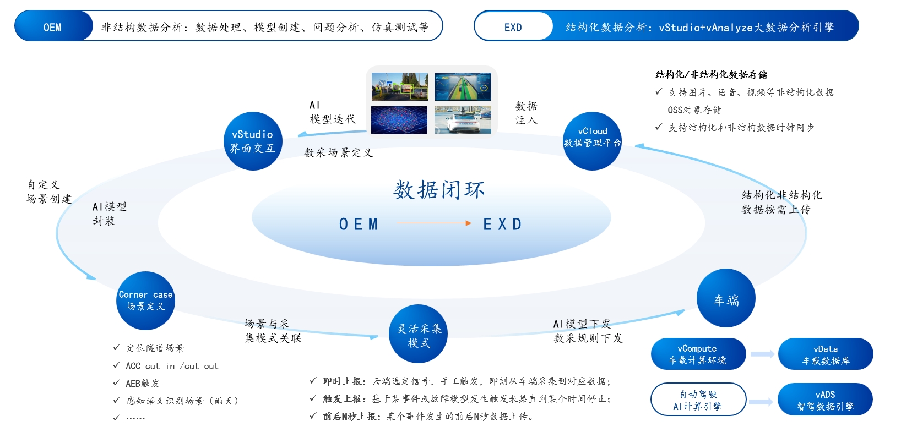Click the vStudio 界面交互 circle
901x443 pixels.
pos(253,141)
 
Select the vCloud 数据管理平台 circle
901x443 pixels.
pos(592,141)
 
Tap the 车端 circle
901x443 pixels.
pos(726,298)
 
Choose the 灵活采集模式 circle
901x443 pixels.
pos(419,334)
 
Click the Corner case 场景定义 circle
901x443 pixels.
pos(145,300)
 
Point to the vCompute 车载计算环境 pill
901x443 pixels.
pos(698,354)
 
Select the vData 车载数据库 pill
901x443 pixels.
pos(826,354)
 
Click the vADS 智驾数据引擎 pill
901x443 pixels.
pos(826,399)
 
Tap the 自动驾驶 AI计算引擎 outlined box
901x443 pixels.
pos(698,399)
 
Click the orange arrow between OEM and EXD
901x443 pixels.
pos(433,223)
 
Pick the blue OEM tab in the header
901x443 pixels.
pos(53,26)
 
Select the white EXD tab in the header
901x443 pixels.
pos(514,26)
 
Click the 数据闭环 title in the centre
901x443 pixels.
pos(439,190)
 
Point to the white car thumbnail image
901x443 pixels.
pos(463,120)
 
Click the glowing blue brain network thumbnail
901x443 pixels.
pos(399,120)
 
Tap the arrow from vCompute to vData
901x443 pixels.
pos(762,354)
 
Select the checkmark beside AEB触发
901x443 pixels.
pos(117,382)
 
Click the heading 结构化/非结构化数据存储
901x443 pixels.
pos(711,75)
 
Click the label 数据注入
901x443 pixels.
pos(526,113)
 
